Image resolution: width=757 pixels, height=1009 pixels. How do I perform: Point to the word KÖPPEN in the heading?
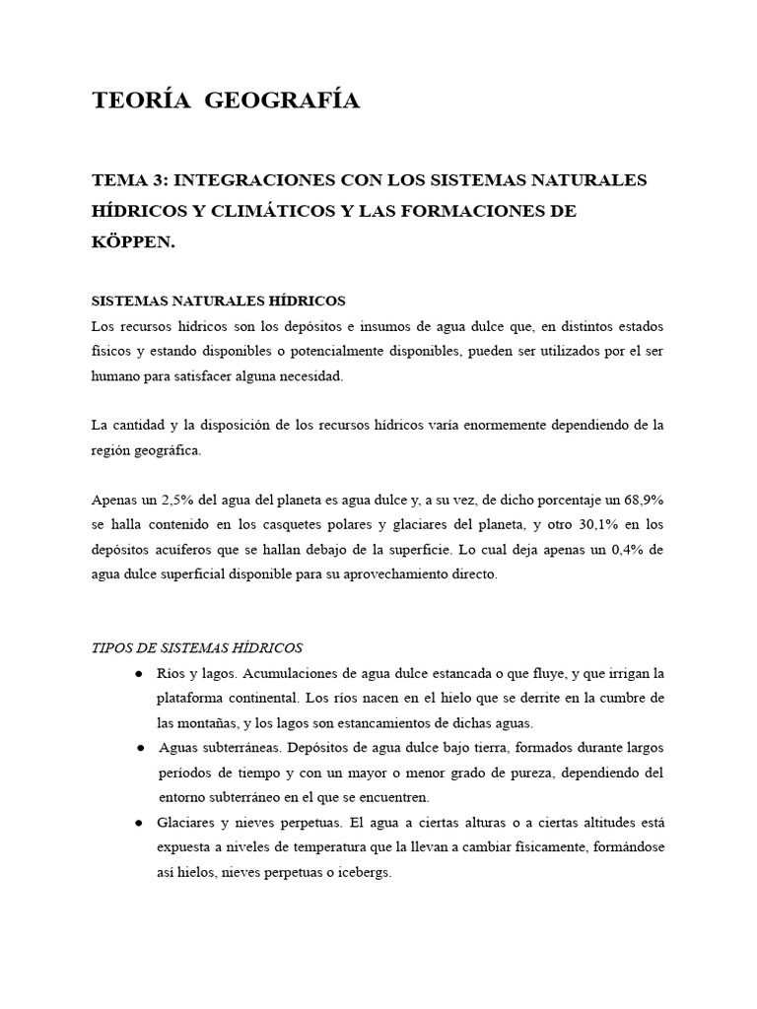[x=130, y=241]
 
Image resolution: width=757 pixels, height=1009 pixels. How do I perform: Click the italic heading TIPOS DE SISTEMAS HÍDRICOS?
[x=197, y=647]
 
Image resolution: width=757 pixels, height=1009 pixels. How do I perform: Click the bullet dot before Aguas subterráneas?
[x=141, y=748]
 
